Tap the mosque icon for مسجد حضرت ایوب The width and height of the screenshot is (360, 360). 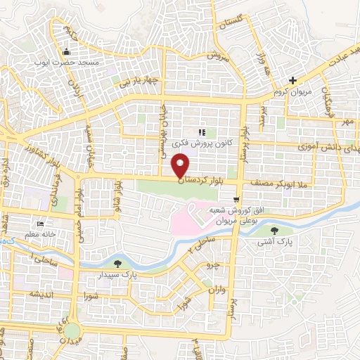[67, 52]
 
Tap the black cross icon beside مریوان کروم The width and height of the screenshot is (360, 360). [292, 81]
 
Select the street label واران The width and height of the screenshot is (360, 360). [215, 289]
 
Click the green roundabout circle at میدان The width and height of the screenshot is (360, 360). [72, 331]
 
